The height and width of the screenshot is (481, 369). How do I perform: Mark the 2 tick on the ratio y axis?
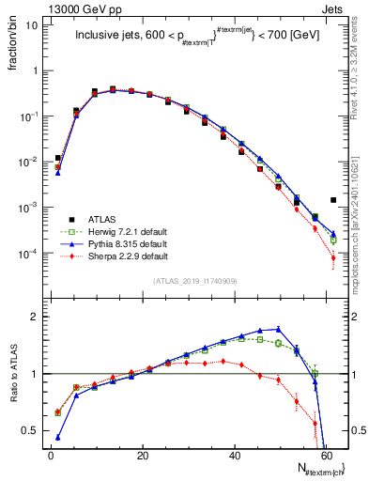pos(35,317)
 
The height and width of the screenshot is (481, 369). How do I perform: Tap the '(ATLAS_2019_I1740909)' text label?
pos(194,281)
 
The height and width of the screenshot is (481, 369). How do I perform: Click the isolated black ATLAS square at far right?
pos(333,199)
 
